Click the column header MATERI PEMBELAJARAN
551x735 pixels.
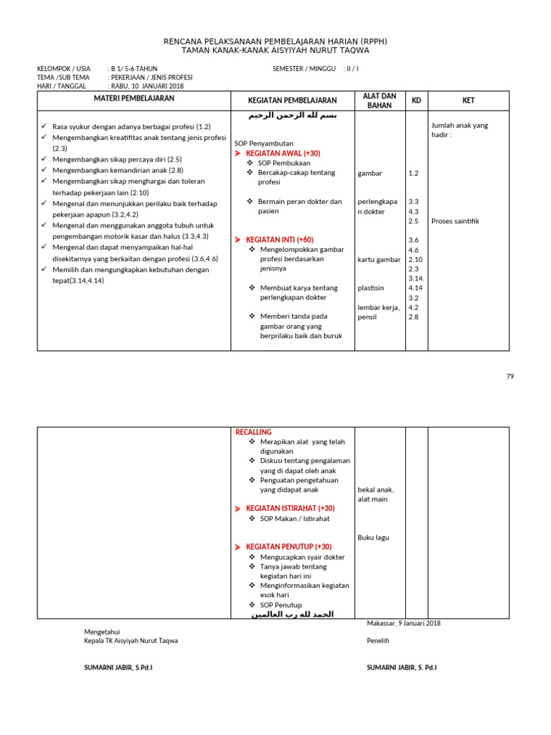point(134,98)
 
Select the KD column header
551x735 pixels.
point(416,100)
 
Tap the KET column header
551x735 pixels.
point(468,100)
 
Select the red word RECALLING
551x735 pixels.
point(253,432)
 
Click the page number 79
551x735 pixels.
point(510,376)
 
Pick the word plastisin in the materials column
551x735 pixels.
point(371,288)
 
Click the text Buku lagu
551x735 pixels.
point(373,537)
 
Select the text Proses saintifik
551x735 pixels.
point(455,221)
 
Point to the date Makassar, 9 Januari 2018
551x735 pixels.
point(403,623)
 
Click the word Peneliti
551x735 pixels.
point(377,641)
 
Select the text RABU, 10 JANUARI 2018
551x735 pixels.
point(146,86)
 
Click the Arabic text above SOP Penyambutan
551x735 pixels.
point(292,116)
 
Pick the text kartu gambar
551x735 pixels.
point(379,259)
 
